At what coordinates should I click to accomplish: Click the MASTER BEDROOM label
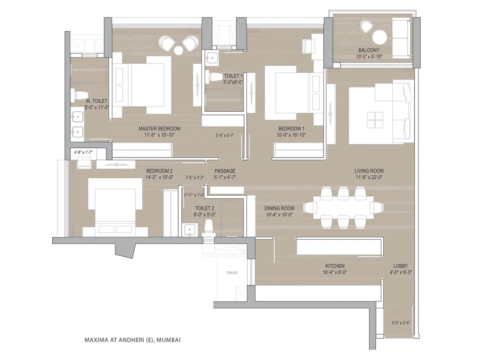(x=159, y=129)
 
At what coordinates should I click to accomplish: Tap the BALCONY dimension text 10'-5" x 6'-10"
(x=369, y=57)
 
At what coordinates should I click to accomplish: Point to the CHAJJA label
(x=232, y=273)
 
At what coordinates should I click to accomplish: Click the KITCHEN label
(x=335, y=266)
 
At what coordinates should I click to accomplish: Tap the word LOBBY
(x=400, y=266)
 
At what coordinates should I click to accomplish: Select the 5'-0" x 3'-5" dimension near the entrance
(x=400, y=323)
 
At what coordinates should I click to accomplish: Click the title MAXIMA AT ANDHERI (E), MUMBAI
(x=133, y=340)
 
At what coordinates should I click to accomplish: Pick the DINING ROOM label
(x=279, y=208)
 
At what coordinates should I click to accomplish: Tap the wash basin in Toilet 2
(x=190, y=230)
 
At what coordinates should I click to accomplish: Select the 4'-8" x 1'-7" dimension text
(x=83, y=152)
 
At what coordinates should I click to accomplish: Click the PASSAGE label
(x=225, y=171)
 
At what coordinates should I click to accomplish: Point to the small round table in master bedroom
(x=178, y=51)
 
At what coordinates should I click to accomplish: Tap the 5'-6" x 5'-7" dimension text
(x=225, y=135)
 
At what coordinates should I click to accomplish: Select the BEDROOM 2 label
(x=159, y=171)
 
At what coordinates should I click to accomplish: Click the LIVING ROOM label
(x=369, y=171)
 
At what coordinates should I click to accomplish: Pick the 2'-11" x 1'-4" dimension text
(x=194, y=195)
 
